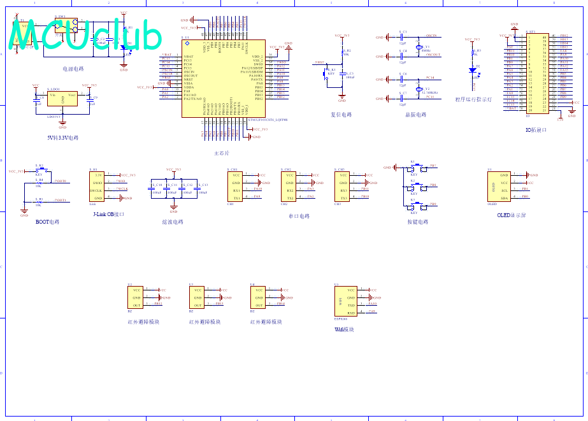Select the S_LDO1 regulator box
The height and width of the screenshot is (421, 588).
pos(62,98)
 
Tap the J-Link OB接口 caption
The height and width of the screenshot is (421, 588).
pos(108,214)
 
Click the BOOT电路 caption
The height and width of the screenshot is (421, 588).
pos(47,222)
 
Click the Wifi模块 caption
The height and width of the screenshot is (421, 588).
pos(344,329)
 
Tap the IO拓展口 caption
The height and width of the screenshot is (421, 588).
pos(536,130)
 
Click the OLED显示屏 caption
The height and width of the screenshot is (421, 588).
pos(512,215)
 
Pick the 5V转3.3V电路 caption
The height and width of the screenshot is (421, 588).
pos(63,138)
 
